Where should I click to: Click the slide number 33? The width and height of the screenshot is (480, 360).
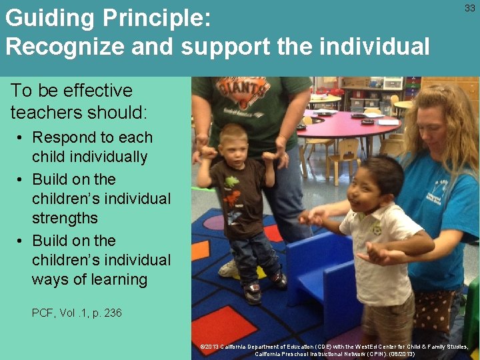(469, 9)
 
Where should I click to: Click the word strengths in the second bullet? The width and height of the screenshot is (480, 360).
(65, 218)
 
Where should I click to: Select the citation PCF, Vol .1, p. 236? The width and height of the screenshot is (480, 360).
(77, 313)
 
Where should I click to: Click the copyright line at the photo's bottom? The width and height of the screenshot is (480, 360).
(335, 350)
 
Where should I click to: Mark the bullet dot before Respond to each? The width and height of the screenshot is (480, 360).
(22, 138)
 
